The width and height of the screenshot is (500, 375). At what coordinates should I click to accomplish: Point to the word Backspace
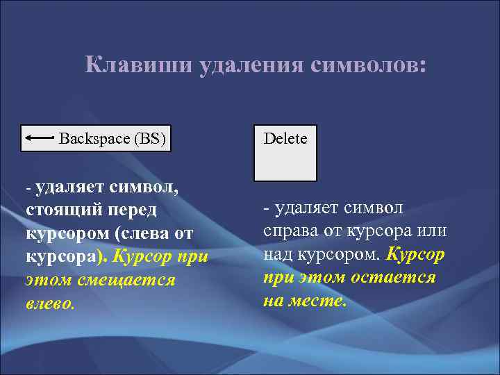(x=94, y=138)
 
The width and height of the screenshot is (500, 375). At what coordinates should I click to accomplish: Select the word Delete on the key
(x=285, y=139)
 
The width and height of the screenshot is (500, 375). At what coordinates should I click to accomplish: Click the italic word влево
(x=49, y=303)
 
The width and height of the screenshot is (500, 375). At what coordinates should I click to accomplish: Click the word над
(x=277, y=254)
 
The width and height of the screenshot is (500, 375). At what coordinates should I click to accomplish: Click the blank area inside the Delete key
(x=285, y=165)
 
